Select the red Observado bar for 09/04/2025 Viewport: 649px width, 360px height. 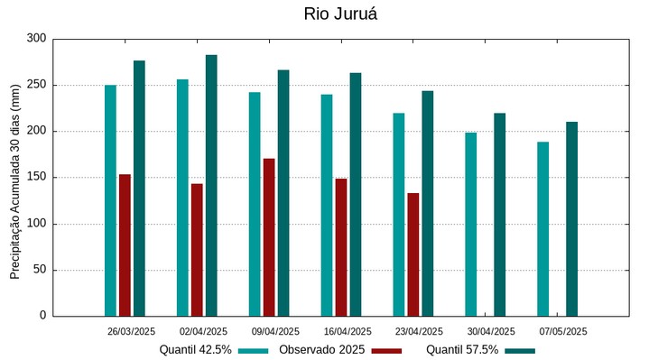tap(269, 237)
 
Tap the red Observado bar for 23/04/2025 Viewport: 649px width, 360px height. tap(413, 254)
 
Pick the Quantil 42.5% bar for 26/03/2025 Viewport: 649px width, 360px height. tap(110, 200)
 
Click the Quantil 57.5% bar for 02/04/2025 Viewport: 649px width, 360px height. tap(211, 186)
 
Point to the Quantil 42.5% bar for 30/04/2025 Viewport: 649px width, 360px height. tap(471, 225)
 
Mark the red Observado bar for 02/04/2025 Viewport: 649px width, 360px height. tap(197, 250)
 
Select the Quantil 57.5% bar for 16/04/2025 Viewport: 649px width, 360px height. tap(356, 195)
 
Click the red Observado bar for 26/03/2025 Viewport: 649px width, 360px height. tap(125, 245)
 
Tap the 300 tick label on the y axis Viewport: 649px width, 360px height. tap(36, 39)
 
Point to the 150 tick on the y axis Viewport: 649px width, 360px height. tap(36, 178)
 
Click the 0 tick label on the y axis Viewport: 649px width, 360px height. tap(42, 316)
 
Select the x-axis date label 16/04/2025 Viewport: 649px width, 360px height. tap(347, 332)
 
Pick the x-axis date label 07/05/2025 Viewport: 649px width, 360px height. tap(563, 332)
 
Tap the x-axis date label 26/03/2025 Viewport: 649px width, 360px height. tap(131, 332)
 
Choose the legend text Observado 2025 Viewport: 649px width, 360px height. tap(321, 350)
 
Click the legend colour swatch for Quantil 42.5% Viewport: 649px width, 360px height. tap(254, 350)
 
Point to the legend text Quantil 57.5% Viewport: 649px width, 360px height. tap(462, 350)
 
